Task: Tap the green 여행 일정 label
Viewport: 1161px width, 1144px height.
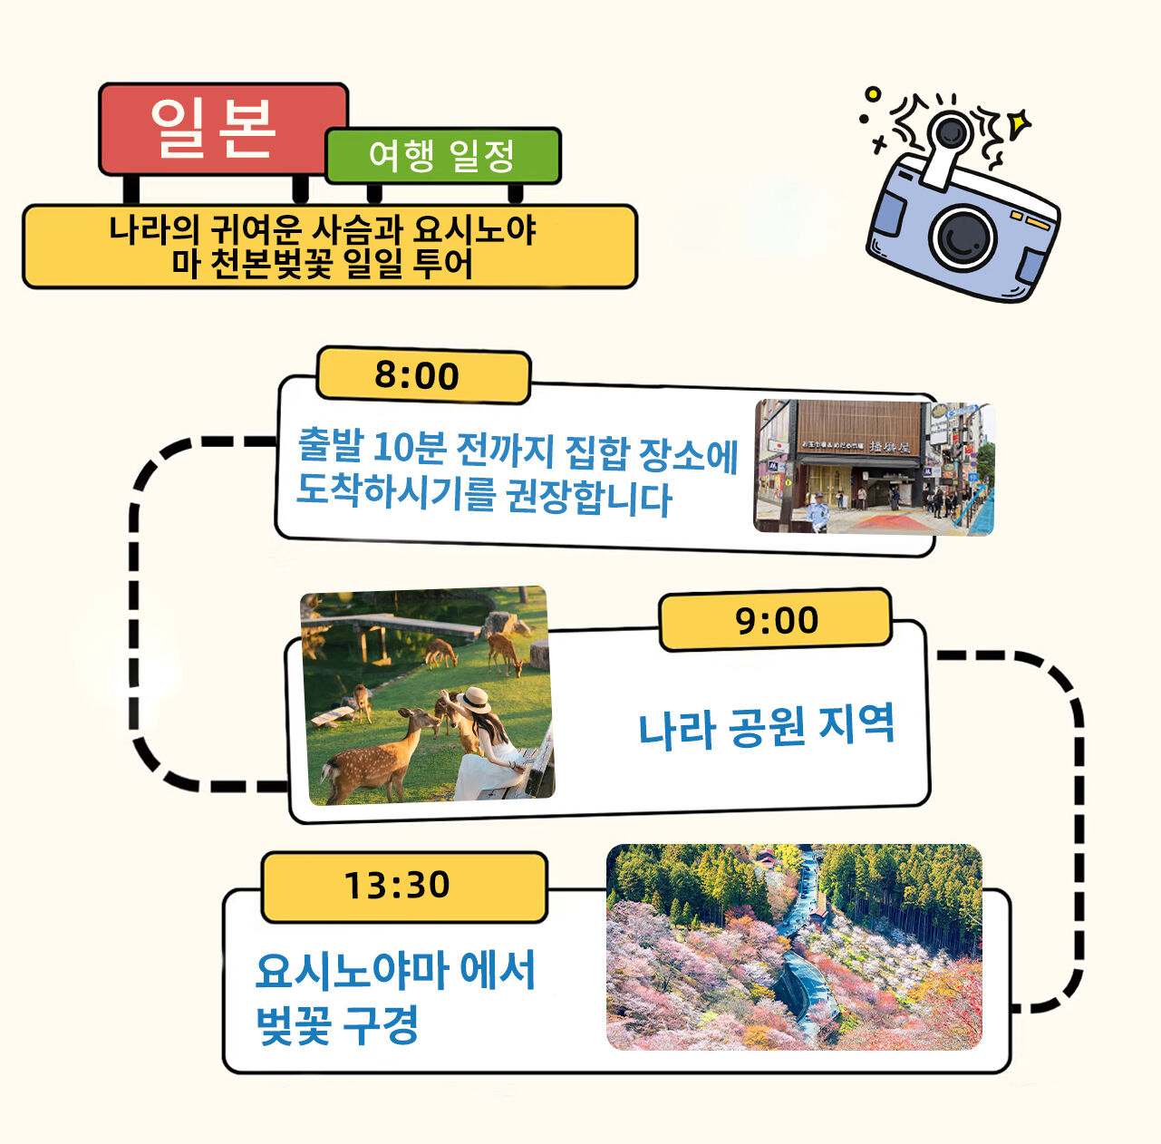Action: click(443, 156)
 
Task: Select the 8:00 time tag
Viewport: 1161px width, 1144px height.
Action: click(423, 375)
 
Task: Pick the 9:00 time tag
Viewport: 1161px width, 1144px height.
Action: click(776, 620)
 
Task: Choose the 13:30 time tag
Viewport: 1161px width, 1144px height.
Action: click(403, 886)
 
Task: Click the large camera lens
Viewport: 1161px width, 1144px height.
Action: click(963, 238)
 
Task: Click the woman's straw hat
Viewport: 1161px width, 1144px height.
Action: click(474, 700)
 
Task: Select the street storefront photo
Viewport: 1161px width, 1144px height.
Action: click(874, 467)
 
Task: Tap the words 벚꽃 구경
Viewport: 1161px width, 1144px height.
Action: click(337, 1024)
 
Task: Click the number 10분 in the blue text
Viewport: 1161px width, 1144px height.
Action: click(411, 448)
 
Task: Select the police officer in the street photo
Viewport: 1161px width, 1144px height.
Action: click(818, 512)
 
